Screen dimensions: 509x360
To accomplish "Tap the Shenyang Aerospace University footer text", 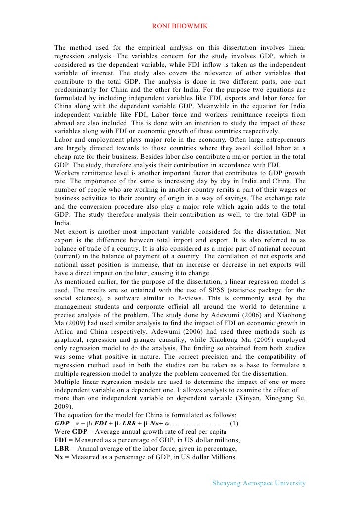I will (258, 483).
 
